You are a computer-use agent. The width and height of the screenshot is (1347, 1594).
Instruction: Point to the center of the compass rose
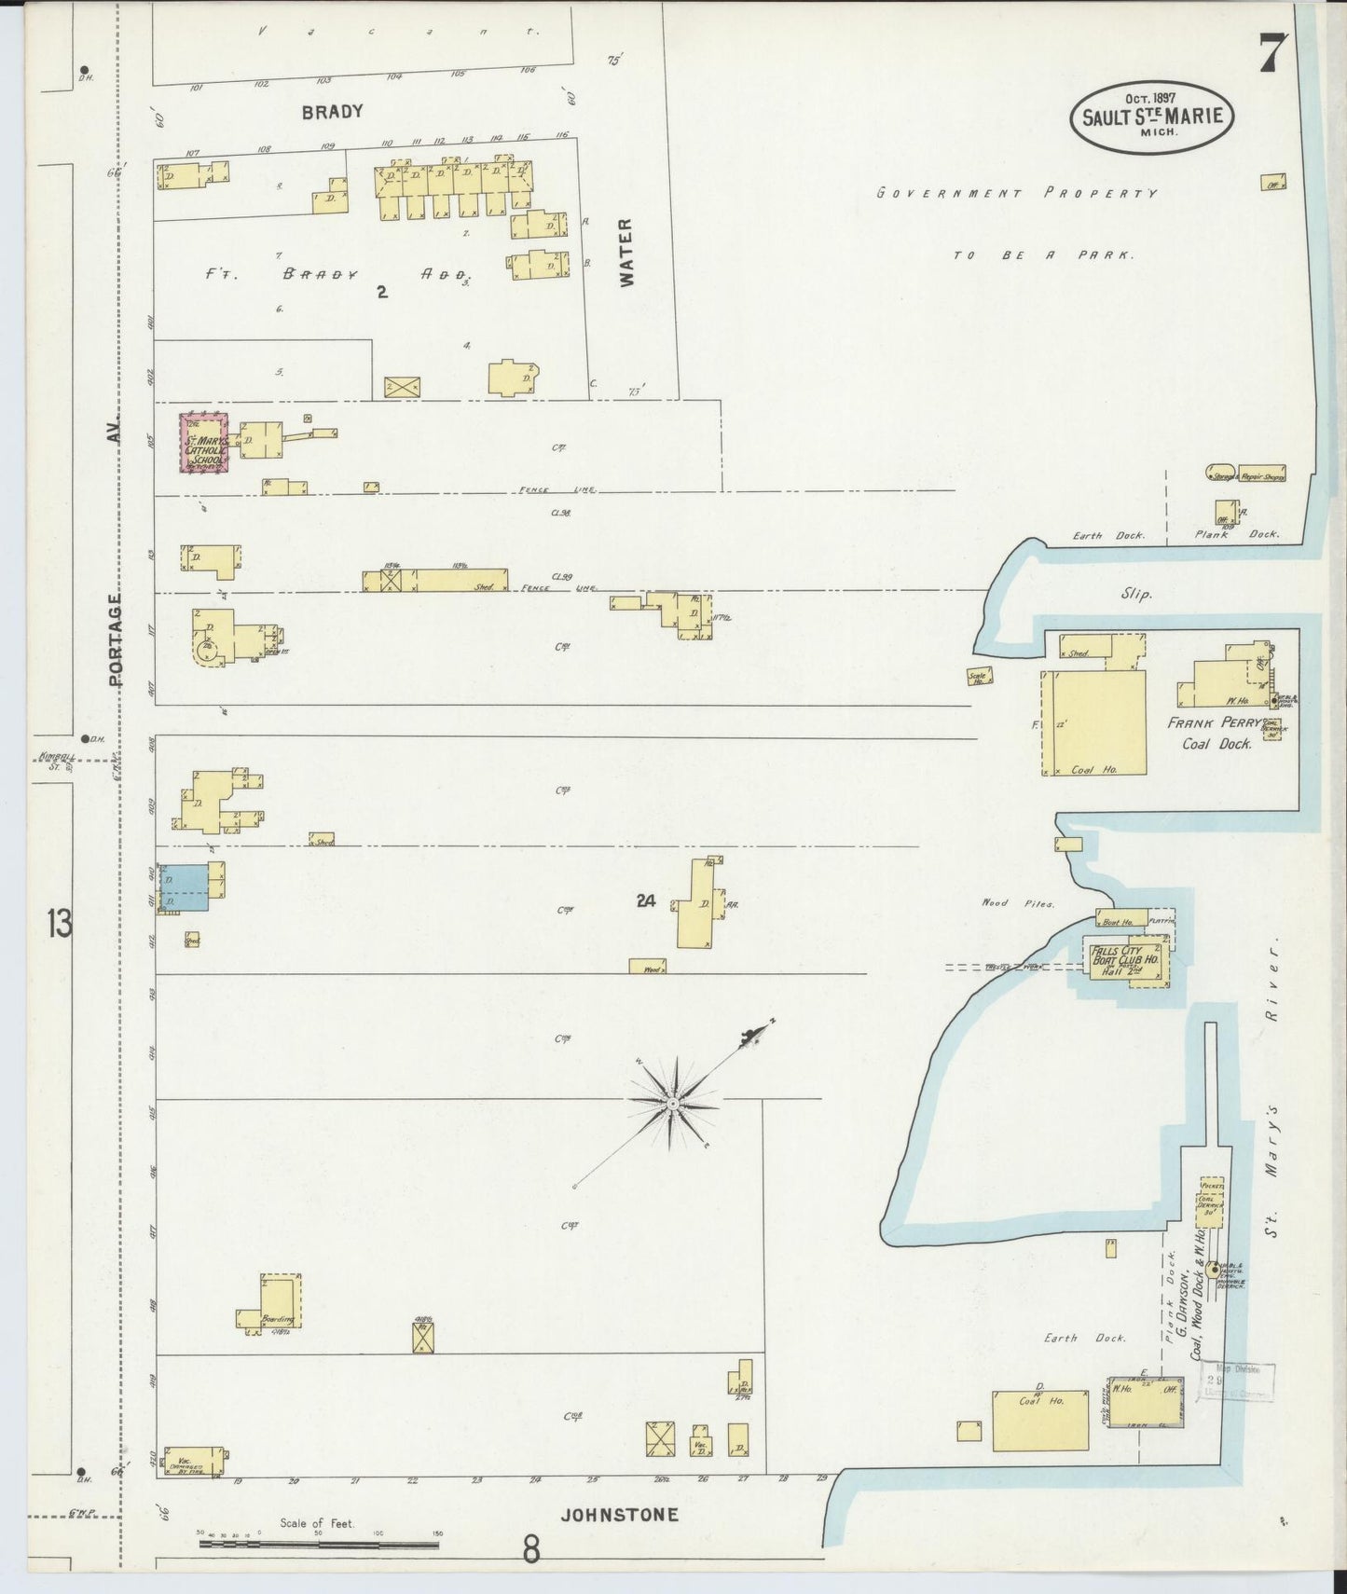click(672, 1103)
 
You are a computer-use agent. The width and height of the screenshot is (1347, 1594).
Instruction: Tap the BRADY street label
click(331, 112)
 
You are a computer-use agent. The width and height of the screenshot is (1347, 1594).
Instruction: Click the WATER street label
click(625, 252)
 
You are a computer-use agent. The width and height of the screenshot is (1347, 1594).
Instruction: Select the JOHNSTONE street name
click(619, 1515)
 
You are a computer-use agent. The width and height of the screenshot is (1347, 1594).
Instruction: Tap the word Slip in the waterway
click(1137, 594)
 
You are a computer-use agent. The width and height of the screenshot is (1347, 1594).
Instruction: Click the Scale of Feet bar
click(319, 1544)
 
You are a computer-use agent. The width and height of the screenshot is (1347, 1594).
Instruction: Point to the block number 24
click(645, 900)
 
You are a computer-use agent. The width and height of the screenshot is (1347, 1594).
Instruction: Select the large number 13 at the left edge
click(59, 924)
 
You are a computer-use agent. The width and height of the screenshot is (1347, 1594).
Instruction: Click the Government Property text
click(1017, 194)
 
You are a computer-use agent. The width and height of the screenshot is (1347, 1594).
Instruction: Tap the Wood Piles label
click(1018, 903)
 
